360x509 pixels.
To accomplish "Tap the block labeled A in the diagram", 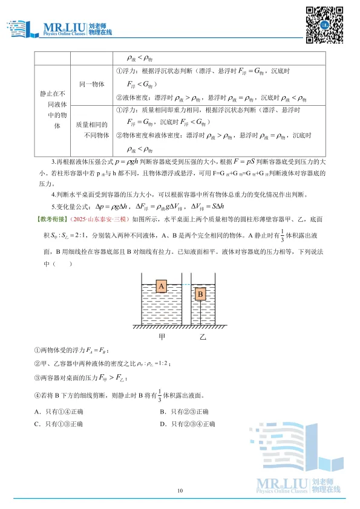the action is tap(161, 286).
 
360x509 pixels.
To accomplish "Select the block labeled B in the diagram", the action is tap(201, 294).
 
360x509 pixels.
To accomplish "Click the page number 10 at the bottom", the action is tap(180, 490).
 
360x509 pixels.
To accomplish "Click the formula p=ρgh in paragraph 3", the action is tap(172, 163).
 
